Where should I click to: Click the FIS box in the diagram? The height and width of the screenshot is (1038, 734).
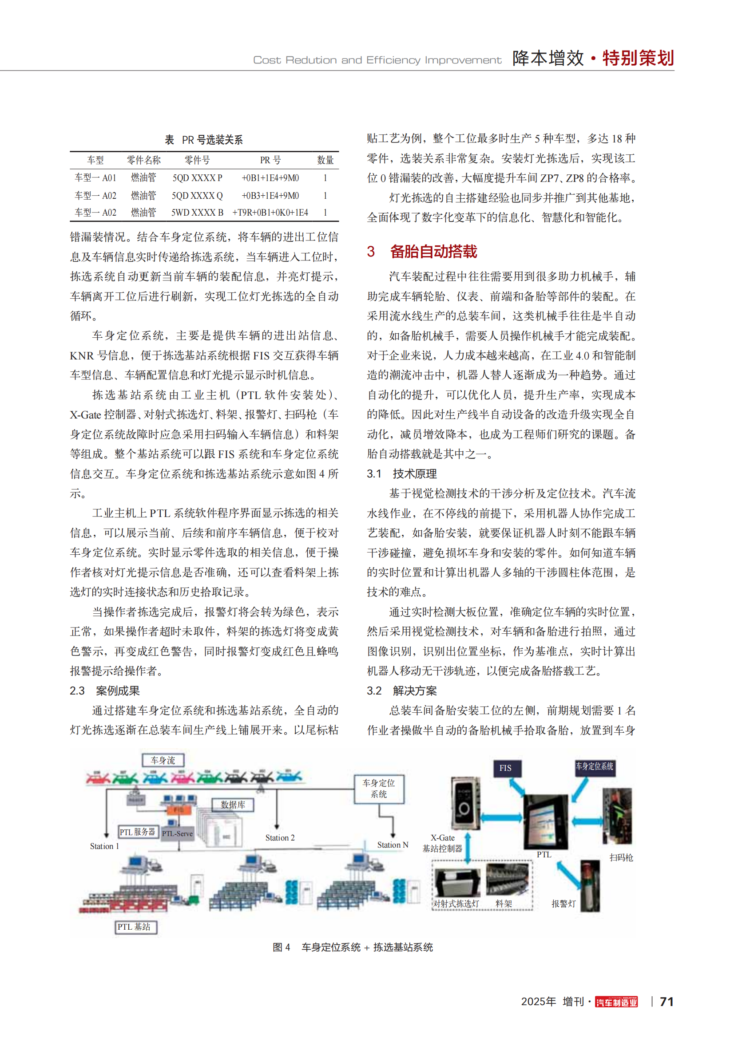(x=505, y=768)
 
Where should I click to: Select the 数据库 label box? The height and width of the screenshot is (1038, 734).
(x=233, y=805)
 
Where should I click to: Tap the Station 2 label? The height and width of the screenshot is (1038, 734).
(x=280, y=838)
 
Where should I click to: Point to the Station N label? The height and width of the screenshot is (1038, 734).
(x=393, y=845)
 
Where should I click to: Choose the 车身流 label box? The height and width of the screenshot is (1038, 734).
(x=163, y=761)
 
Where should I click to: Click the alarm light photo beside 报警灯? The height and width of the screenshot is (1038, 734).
(x=590, y=886)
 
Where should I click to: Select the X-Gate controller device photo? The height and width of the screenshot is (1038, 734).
(x=465, y=803)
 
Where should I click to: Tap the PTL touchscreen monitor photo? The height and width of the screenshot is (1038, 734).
(x=545, y=821)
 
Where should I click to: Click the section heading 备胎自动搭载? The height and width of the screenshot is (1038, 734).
(x=433, y=252)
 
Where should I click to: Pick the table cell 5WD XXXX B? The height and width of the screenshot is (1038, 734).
(x=197, y=213)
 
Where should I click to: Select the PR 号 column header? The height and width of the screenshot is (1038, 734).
(x=270, y=160)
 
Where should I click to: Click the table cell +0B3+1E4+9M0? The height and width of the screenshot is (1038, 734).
(x=270, y=196)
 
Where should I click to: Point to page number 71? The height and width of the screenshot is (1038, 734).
(x=667, y=1002)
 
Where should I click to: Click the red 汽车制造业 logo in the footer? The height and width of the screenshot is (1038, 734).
(x=616, y=1002)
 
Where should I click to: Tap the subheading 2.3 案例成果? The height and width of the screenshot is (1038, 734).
(x=104, y=691)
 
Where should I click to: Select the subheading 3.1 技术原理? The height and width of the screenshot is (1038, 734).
(x=401, y=474)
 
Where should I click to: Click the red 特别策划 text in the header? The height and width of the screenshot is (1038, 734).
(x=638, y=58)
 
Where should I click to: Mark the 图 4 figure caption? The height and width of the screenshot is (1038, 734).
(x=353, y=947)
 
